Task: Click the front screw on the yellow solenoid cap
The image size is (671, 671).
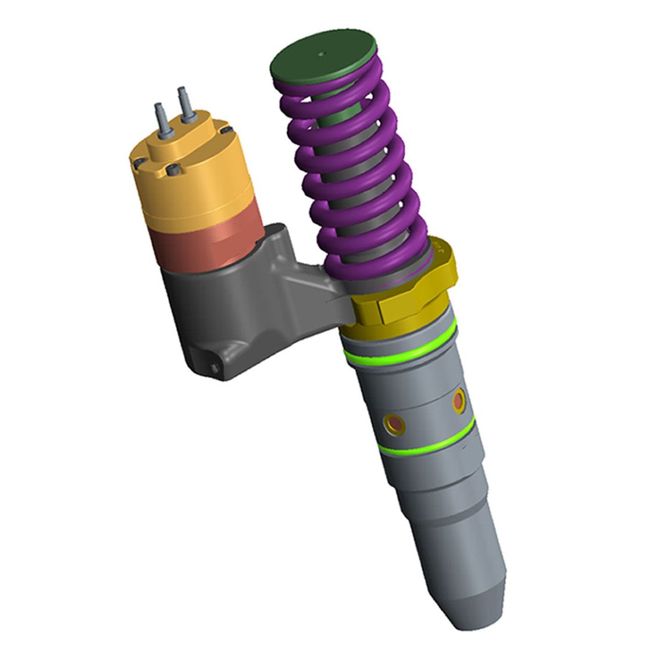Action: [172, 170]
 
